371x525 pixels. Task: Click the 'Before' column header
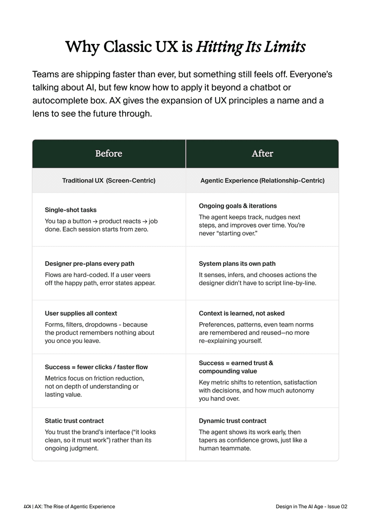(x=109, y=153)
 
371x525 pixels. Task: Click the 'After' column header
(x=262, y=153)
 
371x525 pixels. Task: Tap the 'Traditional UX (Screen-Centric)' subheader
(x=109, y=181)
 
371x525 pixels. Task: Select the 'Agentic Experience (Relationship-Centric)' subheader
(x=262, y=181)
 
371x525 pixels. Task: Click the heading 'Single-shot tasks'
(x=71, y=210)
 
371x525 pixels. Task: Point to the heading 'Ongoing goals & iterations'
(x=238, y=206)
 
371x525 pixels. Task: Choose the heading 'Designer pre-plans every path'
(x=90, y=264)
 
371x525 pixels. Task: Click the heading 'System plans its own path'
(x=237, y=264)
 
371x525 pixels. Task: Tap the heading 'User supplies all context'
(x=81, y=313)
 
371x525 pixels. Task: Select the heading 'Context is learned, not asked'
(x=242, y=313)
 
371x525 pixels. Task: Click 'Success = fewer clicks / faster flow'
(x=96, y=367)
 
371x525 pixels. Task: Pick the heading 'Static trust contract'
(x=74, y=421)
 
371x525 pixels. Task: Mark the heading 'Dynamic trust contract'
(x=232, y=421)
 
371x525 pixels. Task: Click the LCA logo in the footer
(x=27, y=507)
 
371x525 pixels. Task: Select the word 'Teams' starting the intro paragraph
(x=45, y=75)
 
